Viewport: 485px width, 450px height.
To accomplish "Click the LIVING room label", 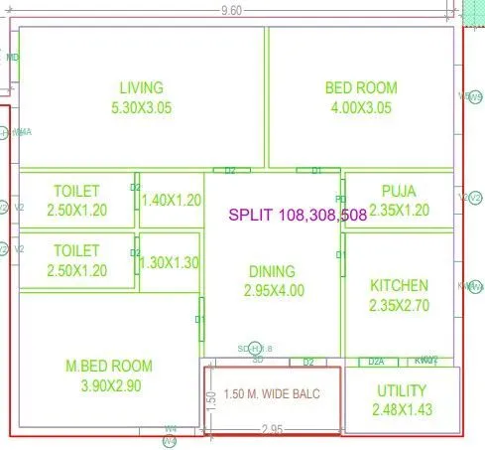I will (141, 87).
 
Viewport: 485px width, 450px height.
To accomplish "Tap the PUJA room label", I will (399, 191).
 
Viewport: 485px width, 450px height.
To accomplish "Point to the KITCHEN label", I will (399, 285).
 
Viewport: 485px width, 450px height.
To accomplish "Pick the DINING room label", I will (272, 271).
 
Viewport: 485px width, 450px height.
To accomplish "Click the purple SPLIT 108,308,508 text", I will (297, 215).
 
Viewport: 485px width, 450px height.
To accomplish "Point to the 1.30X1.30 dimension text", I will (170, 263).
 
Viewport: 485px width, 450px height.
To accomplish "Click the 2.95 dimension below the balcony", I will (274, 429).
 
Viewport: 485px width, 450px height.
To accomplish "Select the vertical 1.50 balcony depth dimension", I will (210, 397).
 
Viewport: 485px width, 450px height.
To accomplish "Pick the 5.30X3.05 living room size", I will (141, 108).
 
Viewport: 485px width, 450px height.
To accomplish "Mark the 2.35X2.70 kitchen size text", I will (399, 306).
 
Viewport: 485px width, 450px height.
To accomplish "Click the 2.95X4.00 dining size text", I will (272, 291).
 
